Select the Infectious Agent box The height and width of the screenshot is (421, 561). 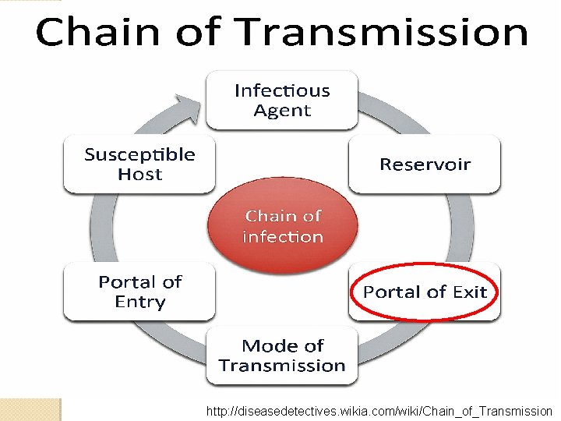281,101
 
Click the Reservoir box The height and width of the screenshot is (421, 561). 425,164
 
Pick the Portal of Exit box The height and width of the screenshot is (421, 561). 425,292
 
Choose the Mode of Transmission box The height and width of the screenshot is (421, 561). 281,356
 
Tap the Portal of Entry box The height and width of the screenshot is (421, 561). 139,292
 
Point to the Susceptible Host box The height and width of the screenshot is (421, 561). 139,165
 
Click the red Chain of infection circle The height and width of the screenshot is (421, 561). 282,226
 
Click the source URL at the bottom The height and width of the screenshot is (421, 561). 379,411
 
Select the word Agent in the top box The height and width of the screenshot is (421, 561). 282,111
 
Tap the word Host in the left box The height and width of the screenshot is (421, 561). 139,175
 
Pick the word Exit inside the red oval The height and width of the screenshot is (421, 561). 470,292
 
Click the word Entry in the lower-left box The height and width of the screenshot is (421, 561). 140,302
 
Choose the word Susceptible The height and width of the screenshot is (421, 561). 139,154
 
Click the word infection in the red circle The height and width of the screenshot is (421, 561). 282,237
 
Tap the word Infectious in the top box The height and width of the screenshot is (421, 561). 282,90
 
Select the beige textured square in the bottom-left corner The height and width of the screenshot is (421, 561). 30,409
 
